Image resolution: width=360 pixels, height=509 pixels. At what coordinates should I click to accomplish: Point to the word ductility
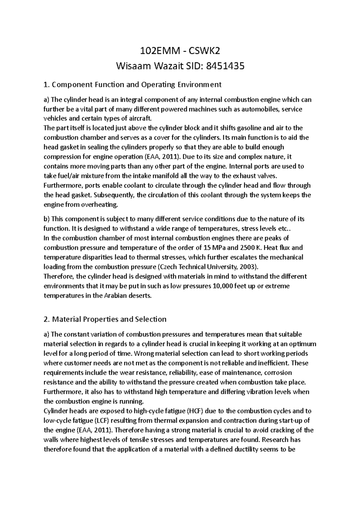tap(261, 449)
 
